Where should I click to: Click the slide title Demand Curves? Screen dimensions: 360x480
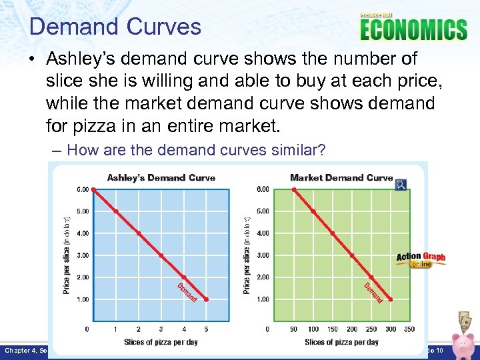[x=115, y=27]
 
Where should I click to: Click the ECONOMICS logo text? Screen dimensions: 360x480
[x=413, y=29]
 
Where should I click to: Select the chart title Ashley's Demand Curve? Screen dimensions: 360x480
[x=161, y=178]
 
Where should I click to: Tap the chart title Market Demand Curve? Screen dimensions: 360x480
[x=341, y=178]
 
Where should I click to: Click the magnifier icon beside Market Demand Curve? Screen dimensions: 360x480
[x=401, y=184]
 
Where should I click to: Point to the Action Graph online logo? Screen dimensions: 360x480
[x=421, y=259]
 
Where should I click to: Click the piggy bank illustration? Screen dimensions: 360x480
[x=462, y=343]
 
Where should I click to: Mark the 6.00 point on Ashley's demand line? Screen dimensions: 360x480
[x=93, y=189]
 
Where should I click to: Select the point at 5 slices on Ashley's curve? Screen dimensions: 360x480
[x=207, y=300]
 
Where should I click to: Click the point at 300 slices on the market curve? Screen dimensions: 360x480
[x=391, y=300]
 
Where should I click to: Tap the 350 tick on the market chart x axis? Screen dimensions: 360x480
[x=409, y=329]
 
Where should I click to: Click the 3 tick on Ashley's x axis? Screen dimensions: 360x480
[x=161, y=329]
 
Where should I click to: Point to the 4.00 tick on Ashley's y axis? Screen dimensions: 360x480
[x=82, y=233]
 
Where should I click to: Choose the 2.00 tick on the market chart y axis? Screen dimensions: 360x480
[x=263, y=277]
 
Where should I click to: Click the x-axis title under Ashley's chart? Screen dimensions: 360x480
[x=161, y=342]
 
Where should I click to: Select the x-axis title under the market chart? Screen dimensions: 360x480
[x=341, y=342]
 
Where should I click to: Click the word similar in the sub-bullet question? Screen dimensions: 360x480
[x=295, y=151]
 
